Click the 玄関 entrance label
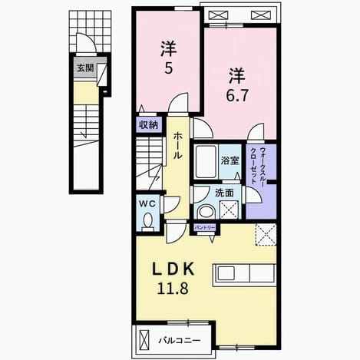point(85,68)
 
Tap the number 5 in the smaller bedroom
point(168,68)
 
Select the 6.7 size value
point(237,96)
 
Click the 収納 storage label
point(149,125)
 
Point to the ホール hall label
point(178,146)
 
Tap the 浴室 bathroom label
point(230,160)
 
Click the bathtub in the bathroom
point(205,162)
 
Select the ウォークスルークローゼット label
point(258,166)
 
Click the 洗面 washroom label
point(224,193)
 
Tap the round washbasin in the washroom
point(207,212)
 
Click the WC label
point(147,203)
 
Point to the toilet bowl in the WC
point(147,220)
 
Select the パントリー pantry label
point(205,228)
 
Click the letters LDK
point(173,269)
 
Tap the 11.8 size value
point(173,289)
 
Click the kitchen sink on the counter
point(226,273)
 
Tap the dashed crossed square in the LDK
point(266,235)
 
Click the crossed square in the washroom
point(230,210)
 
